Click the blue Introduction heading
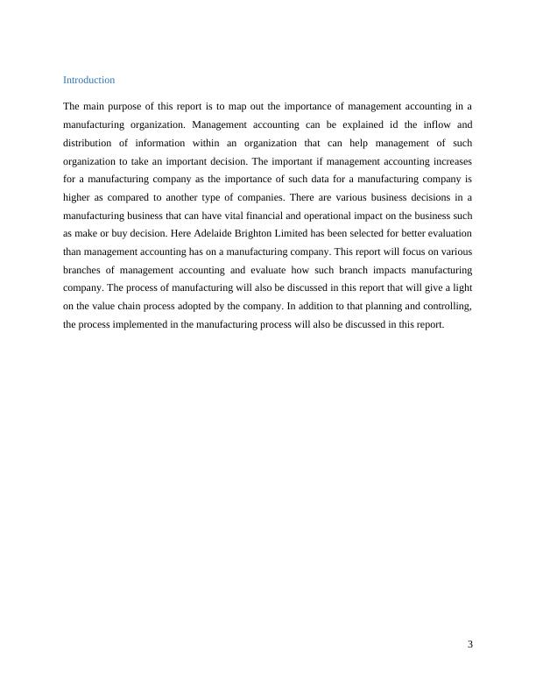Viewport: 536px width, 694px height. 88,80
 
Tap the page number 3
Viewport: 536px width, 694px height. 470,645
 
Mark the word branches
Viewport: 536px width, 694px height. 85,270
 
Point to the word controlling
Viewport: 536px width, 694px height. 447,307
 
